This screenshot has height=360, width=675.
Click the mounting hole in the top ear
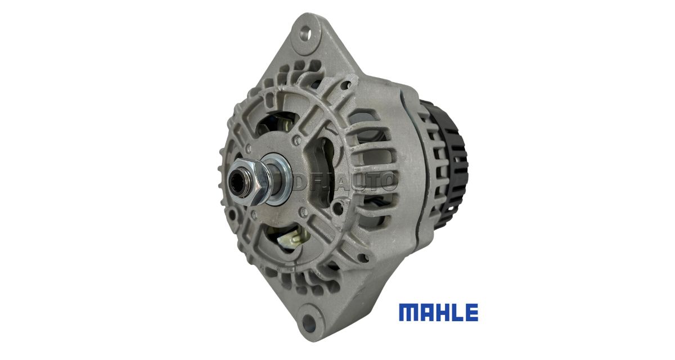pos(305,31)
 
